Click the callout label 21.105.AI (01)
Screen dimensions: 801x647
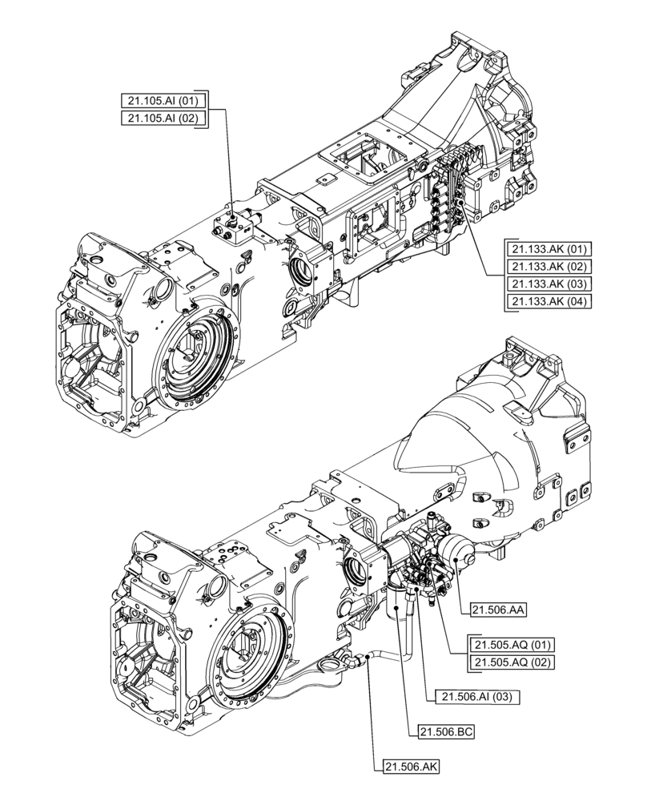[x=164, y=101]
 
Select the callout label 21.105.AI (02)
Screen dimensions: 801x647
[x=164, y=119]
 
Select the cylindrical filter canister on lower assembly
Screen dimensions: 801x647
[x=398, y=613]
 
